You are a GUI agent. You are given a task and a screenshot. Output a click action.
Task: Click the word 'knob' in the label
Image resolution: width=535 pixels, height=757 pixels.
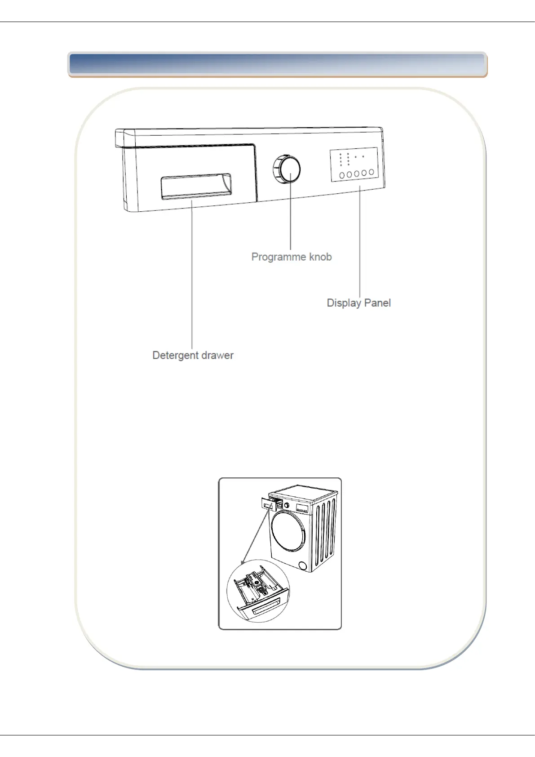[x=320, y=257]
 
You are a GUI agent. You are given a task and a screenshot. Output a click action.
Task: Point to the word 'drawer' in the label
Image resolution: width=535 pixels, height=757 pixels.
[x=217, y=355]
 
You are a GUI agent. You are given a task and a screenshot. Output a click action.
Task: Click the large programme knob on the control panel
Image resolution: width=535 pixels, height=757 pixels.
[x=287, y=169]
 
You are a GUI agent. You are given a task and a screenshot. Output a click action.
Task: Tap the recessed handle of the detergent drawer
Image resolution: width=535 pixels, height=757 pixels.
[x=196, y=186]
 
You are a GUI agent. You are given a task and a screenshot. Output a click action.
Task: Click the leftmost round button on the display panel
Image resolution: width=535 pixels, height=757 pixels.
[x=342, y=175]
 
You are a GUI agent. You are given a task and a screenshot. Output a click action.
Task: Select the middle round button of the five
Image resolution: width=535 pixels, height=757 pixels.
[x=357, y=174]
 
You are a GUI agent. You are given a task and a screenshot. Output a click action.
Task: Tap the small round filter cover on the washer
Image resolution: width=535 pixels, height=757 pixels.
[x=303, y=566]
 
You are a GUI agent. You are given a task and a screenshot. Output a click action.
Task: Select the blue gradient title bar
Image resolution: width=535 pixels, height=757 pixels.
[x=277, y=64]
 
